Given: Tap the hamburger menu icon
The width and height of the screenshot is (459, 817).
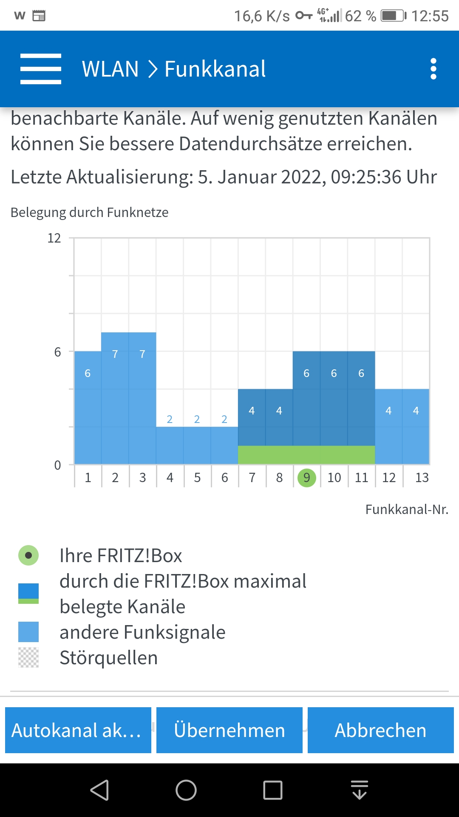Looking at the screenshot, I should (x=41, y=69).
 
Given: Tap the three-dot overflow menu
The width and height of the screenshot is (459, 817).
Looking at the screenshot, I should (x=433, y=69).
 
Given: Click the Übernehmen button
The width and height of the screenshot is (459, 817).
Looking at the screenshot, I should (x=229, y=730).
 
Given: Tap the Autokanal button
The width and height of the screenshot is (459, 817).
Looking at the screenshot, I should (x=78, y=730).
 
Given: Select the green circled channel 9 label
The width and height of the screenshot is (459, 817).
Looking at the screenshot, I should (x=306, y=477).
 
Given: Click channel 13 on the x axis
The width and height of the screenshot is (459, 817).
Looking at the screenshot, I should (x=422, y=477).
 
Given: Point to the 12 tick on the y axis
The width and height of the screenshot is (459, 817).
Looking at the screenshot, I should (x=54, y=238).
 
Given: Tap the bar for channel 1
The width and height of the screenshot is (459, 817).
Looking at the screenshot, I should (x=88, y=408).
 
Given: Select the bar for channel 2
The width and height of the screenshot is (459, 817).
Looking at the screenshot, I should (x=115, y=400).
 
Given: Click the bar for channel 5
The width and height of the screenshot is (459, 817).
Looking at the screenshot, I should (x=197, y=445).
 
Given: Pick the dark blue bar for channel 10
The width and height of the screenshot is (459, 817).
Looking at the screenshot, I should (x=334, y=400).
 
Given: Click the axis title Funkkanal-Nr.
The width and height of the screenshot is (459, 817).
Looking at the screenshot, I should (x=407, y=509).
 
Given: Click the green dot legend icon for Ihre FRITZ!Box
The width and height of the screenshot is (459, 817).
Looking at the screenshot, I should (x=28, y=555).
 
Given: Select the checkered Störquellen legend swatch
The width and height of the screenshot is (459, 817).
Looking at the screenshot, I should (x=28, y=657).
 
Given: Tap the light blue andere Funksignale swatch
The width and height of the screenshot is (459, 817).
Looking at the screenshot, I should (x=28, y=632).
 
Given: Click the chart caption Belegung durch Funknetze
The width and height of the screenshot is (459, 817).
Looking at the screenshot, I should (x=90, y=212).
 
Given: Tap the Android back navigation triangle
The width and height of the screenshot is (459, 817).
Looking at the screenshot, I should (x=100, y=790).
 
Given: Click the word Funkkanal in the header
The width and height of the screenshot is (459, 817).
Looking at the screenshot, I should (x=215, y=69).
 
